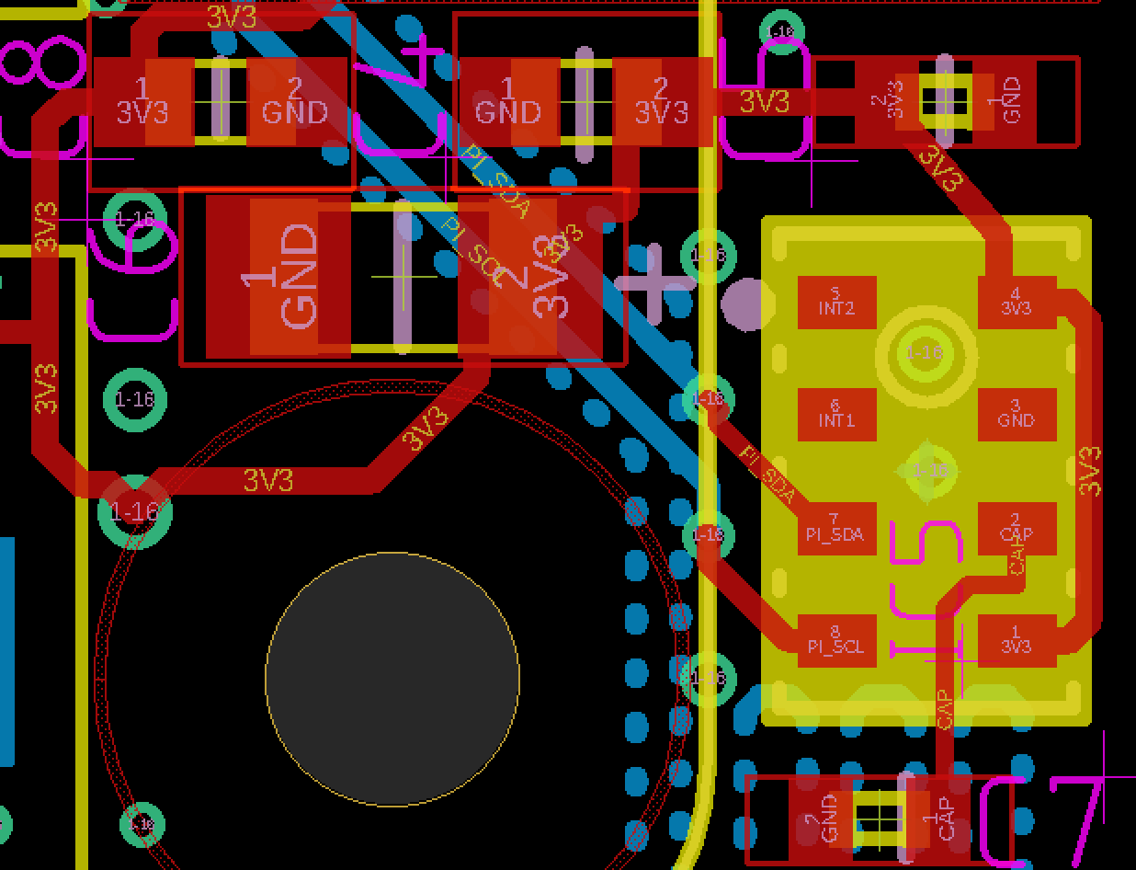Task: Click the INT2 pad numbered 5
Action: click(836, 303)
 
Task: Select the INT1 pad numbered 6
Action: click(836, 415)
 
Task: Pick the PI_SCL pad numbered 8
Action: click(836, 641)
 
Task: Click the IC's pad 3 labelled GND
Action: click(1017, 415)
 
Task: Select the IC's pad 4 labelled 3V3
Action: click(1017, 303)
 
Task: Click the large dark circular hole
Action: click(392, 679)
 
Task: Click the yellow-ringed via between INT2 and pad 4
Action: click(926, 352)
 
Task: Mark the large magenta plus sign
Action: click(653, 282)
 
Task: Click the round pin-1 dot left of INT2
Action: click(743, 305)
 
